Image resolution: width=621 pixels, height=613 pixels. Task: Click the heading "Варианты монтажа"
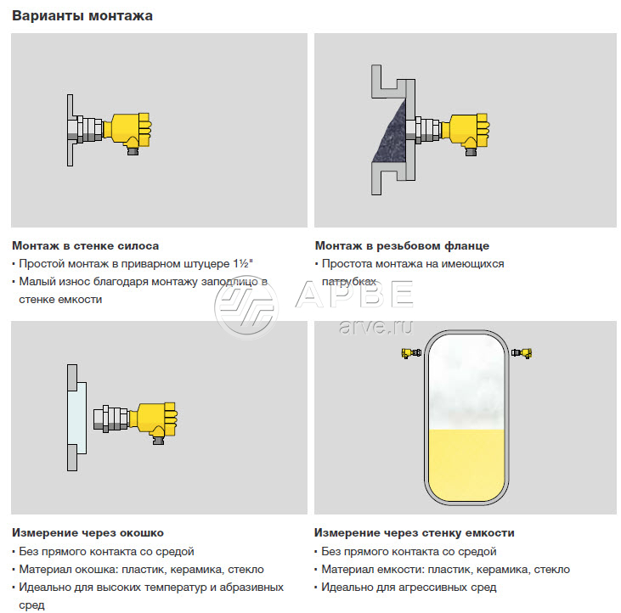coord(82,16)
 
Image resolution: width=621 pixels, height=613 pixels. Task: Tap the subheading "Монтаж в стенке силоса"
coord(86,245)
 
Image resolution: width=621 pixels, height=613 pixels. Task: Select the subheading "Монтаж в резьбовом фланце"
coord(402,245)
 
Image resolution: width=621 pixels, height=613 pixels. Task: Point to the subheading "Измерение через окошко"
coord(88,532)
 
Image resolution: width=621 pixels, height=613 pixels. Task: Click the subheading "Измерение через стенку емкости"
coord(415,532)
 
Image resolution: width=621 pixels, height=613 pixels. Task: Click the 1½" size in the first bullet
coord(243,263)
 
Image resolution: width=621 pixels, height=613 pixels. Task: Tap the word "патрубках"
coord(349,281)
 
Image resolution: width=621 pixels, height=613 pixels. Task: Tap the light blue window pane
coord(76,418)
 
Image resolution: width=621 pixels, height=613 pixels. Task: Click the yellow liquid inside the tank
coord(466,464)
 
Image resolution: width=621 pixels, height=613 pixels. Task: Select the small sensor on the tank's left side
coord(411,352)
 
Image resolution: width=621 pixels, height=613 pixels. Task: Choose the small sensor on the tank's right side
coord(522,352)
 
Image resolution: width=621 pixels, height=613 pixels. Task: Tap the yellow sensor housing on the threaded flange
coord(466,131)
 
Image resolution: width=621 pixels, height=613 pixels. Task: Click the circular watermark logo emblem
coord(246,307)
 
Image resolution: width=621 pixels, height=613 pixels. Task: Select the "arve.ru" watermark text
coord(375,326)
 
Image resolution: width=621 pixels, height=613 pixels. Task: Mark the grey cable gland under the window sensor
coord(158,440)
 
